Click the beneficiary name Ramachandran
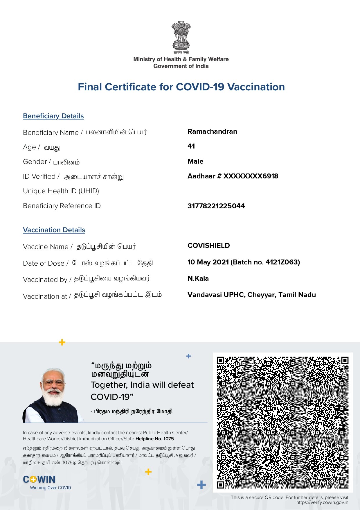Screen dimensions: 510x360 point(212,131)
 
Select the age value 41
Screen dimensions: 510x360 point(191,146)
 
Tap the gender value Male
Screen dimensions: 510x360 point(195,161)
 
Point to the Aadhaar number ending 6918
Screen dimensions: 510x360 point(233,176)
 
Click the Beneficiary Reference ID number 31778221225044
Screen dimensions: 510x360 point(216,206)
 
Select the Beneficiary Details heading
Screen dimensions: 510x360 point(53,116)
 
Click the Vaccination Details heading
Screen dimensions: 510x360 point(54,230)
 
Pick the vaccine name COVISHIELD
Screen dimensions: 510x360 point(208,246)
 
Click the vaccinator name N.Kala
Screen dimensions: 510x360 point(198,278)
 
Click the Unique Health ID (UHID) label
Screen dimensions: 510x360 point(61,191)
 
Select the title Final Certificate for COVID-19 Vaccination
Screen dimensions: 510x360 point(181,87)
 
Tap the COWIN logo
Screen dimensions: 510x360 point(39,479)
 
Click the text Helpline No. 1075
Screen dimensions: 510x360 point(155,439)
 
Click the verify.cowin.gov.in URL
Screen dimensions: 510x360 point(322,502)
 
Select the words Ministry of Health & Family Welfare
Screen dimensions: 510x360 point(181,59)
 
